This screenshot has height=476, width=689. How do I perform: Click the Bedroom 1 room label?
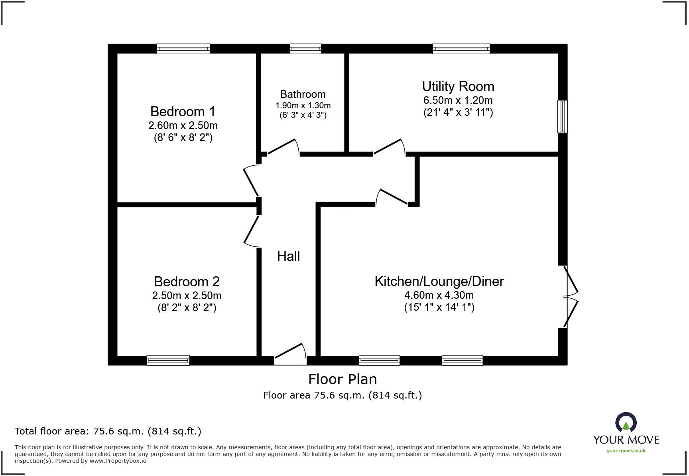pos(183,111)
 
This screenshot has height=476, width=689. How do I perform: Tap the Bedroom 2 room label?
pos(187,282)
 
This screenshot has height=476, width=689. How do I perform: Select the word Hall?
pos(288,256)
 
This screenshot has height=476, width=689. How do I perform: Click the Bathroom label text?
pos(303,94)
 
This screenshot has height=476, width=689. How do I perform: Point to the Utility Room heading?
pos(458,86)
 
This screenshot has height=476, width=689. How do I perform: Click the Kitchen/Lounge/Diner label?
pos(439,281)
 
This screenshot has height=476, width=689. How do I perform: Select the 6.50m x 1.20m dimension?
pos(458,100)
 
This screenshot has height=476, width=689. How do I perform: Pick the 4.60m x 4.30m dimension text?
pos(439,295)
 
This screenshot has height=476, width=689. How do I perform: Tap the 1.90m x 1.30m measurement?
pos(303,105)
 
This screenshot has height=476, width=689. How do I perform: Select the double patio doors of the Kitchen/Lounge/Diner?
pos(570,297)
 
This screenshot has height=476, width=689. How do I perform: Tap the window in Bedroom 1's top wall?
pos(183,49)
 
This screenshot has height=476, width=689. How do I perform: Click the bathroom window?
pos(305,49)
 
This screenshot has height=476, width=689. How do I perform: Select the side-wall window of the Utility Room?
pos(562,116)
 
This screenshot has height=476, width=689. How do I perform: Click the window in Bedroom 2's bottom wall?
pos(168,361)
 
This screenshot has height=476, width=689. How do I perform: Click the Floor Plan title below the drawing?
pos(343,379)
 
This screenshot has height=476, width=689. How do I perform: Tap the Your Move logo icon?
pos(626,422)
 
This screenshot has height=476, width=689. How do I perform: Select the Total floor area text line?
pos(108,431)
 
